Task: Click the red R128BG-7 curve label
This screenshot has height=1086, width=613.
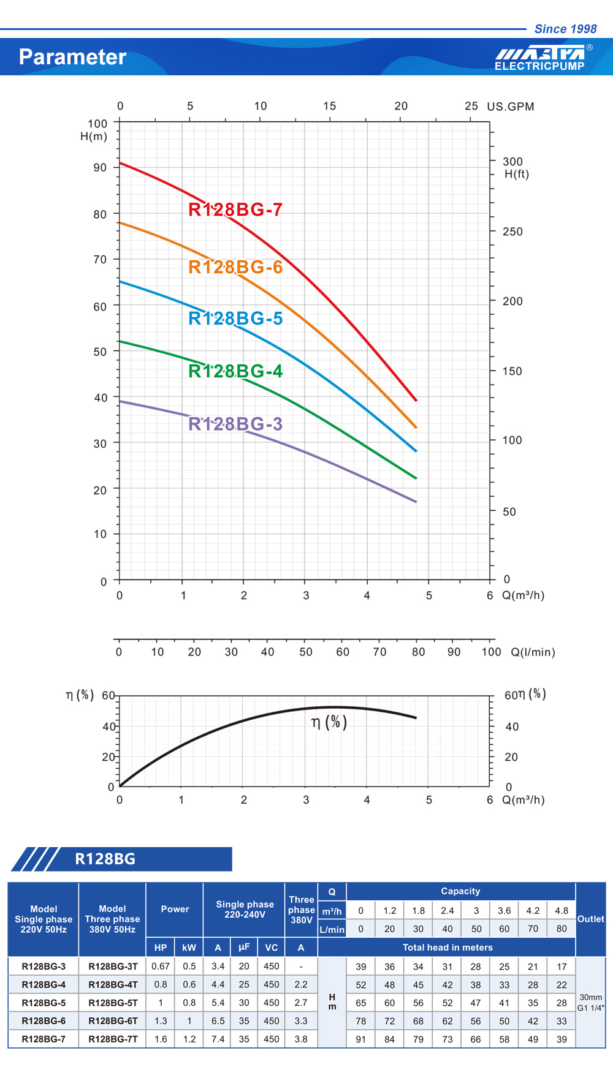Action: coord(235,209)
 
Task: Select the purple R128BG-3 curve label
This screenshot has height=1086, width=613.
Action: coord(235,424)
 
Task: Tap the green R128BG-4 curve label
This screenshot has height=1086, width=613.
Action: coord(235,371)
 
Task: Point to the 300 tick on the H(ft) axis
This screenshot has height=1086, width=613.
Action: coord(512,162)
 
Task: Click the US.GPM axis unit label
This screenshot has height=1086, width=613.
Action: coord(510,107)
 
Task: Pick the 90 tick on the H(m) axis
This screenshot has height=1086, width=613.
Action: coord(100,167)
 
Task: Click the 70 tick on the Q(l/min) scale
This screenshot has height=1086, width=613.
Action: coord(380,652)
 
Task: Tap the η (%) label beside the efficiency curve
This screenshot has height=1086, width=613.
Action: coord(329,722)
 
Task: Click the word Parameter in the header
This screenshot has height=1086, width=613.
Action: coord(72,57)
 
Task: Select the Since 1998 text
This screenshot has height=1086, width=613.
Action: coord(565,29)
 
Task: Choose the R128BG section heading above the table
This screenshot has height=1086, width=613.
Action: coord(105,859)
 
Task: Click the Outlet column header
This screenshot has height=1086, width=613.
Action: coord(590,919)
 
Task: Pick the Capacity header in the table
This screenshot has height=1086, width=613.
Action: coord(460,891)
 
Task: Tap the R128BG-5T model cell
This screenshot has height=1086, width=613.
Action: coord(113,1003)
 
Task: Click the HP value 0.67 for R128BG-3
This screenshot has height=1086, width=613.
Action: coord(161,966)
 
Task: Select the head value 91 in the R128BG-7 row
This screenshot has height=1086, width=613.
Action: coord(361,1039)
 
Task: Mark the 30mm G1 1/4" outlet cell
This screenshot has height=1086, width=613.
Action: coord(590,1003)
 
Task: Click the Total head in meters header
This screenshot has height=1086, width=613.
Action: coord(447,947)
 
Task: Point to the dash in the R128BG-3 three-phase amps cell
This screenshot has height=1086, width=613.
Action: coord(301,966)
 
